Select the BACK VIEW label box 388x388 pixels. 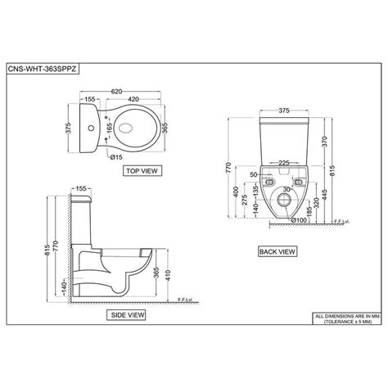pos(276,251)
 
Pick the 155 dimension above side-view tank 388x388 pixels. pos(82,188)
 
